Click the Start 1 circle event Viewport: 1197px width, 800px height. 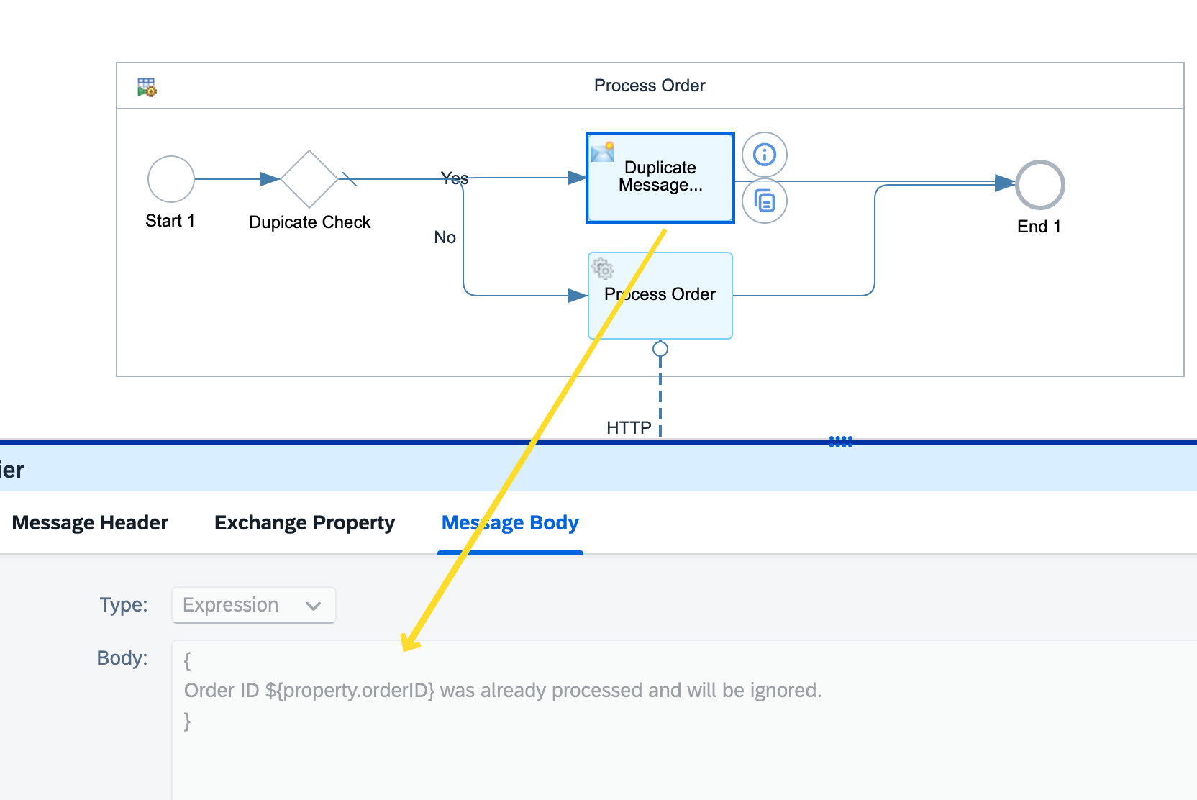[171, 179]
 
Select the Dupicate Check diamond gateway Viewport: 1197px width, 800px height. [309, 179]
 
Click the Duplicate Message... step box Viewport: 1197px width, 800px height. [660, 178]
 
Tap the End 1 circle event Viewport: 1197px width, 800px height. [1039, 185]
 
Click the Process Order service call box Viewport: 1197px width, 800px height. [660, 295]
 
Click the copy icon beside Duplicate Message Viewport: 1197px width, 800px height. [765, 201]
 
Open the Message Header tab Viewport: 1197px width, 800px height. [90, 523]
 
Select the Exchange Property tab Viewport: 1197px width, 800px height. [304, 523]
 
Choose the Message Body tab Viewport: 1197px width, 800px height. [510, 523]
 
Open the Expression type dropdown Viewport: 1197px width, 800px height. [253, 605]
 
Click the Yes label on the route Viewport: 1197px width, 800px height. [455, 178]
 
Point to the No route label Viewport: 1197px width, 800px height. [445, 237]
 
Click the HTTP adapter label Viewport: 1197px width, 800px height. [629, 428]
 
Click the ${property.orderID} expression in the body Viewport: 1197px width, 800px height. [350, 691]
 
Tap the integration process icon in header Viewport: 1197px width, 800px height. [147, 87]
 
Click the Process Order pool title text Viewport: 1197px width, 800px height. [650, 86]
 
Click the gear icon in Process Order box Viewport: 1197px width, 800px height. [603, 269]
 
